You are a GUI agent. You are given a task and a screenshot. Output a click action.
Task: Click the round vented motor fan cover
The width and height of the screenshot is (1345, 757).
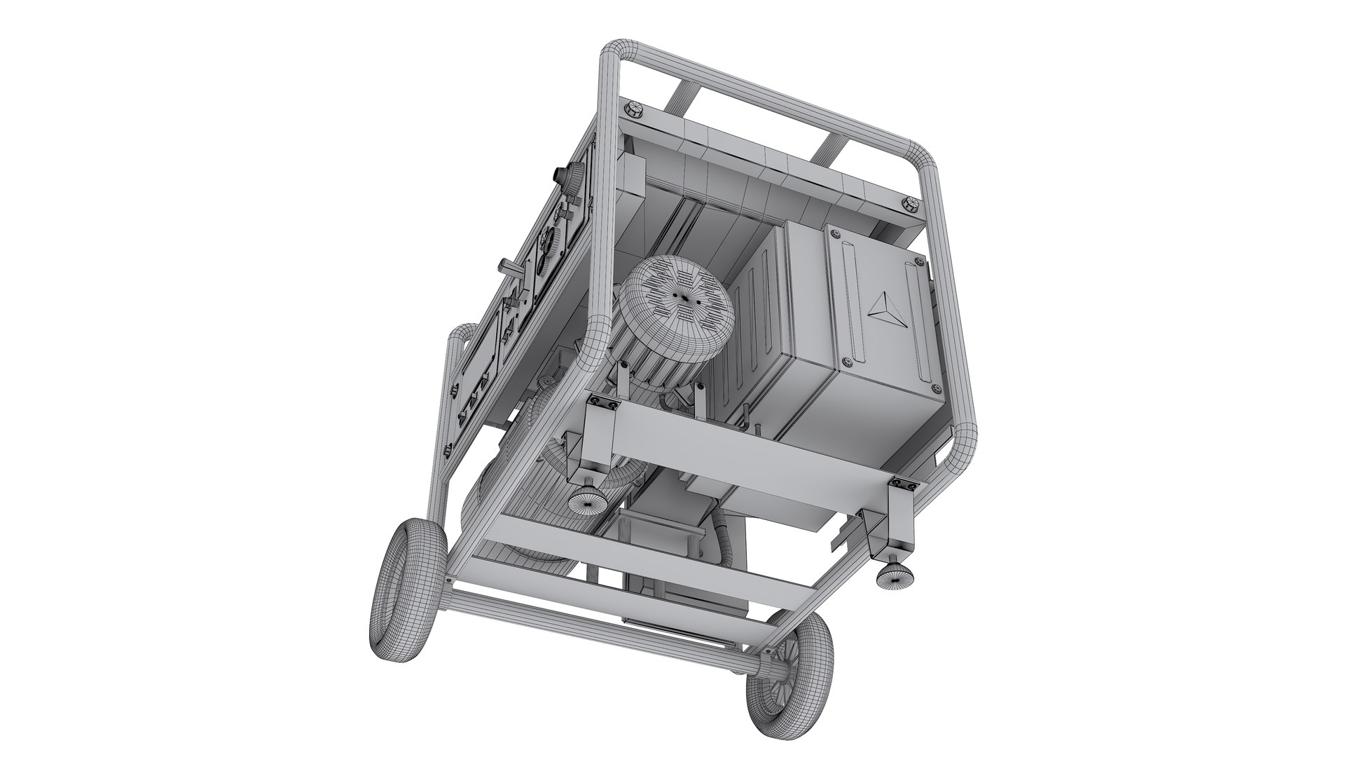pos(676,298)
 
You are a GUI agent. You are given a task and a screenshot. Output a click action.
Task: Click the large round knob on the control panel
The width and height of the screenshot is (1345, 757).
pos(577,174)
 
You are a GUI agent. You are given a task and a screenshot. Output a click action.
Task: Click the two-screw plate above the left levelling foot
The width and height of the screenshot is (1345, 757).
pos(603,402)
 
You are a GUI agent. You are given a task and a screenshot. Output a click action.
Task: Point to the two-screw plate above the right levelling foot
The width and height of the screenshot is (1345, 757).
pos(901,483)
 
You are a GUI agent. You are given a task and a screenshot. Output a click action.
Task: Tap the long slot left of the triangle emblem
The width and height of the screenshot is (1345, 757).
pos(849,294)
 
